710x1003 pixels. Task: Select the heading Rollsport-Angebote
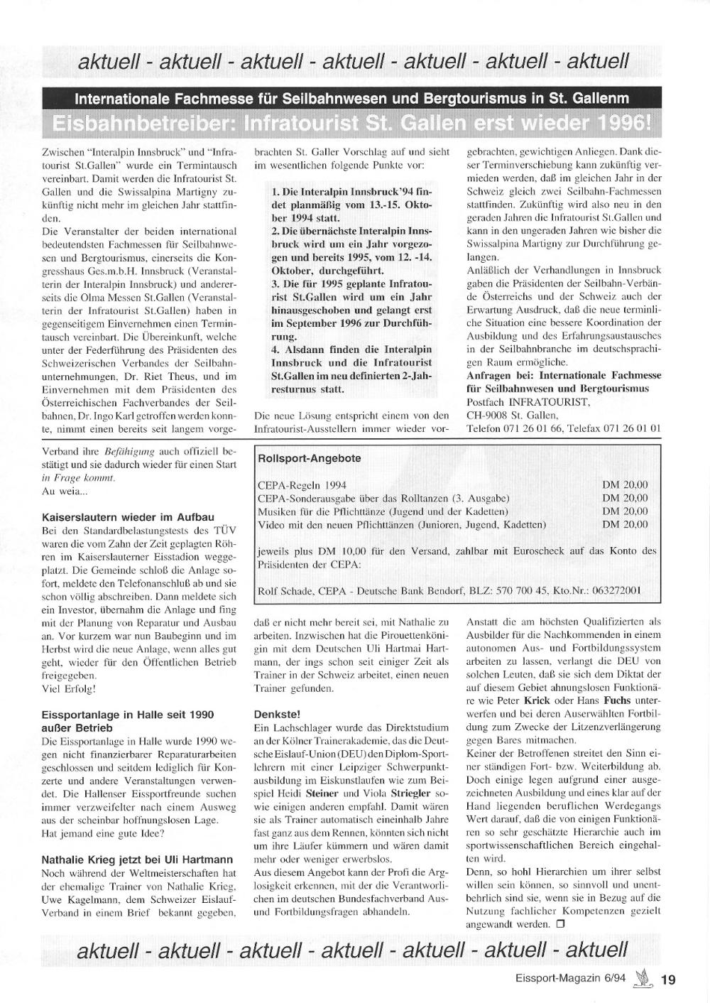(310, 458)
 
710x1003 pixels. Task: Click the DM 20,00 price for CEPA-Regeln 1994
(625, 485)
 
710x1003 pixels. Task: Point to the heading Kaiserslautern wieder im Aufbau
(128, 517)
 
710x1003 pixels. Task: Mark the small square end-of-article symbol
(560, 924)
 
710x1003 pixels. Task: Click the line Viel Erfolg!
(69, 688)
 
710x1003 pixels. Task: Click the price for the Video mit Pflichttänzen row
(625, 524)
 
